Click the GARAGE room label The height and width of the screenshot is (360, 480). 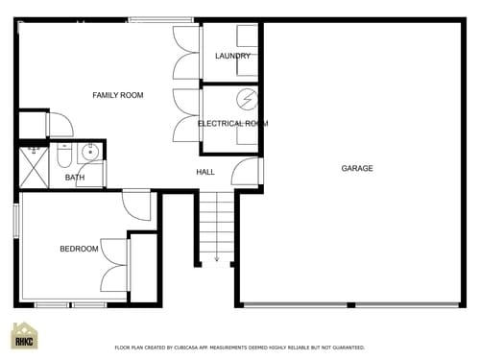[357, 169]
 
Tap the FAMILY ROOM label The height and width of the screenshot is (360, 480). [117, 95]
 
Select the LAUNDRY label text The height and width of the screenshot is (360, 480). [232, 56]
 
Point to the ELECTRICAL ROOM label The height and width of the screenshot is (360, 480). [232, 124]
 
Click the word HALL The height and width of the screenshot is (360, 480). [205, 172]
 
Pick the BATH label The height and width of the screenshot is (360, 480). [75, 178]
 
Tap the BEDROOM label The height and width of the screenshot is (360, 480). [79, 250]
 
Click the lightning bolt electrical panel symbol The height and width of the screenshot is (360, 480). [247, 99]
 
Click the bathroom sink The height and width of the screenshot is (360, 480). [92, 152]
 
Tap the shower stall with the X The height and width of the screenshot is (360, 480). [33, 166]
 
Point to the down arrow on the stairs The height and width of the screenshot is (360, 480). [217, 257]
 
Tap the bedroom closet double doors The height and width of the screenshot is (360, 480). [116, 264]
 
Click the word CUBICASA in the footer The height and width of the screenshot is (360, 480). [198, 348]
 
